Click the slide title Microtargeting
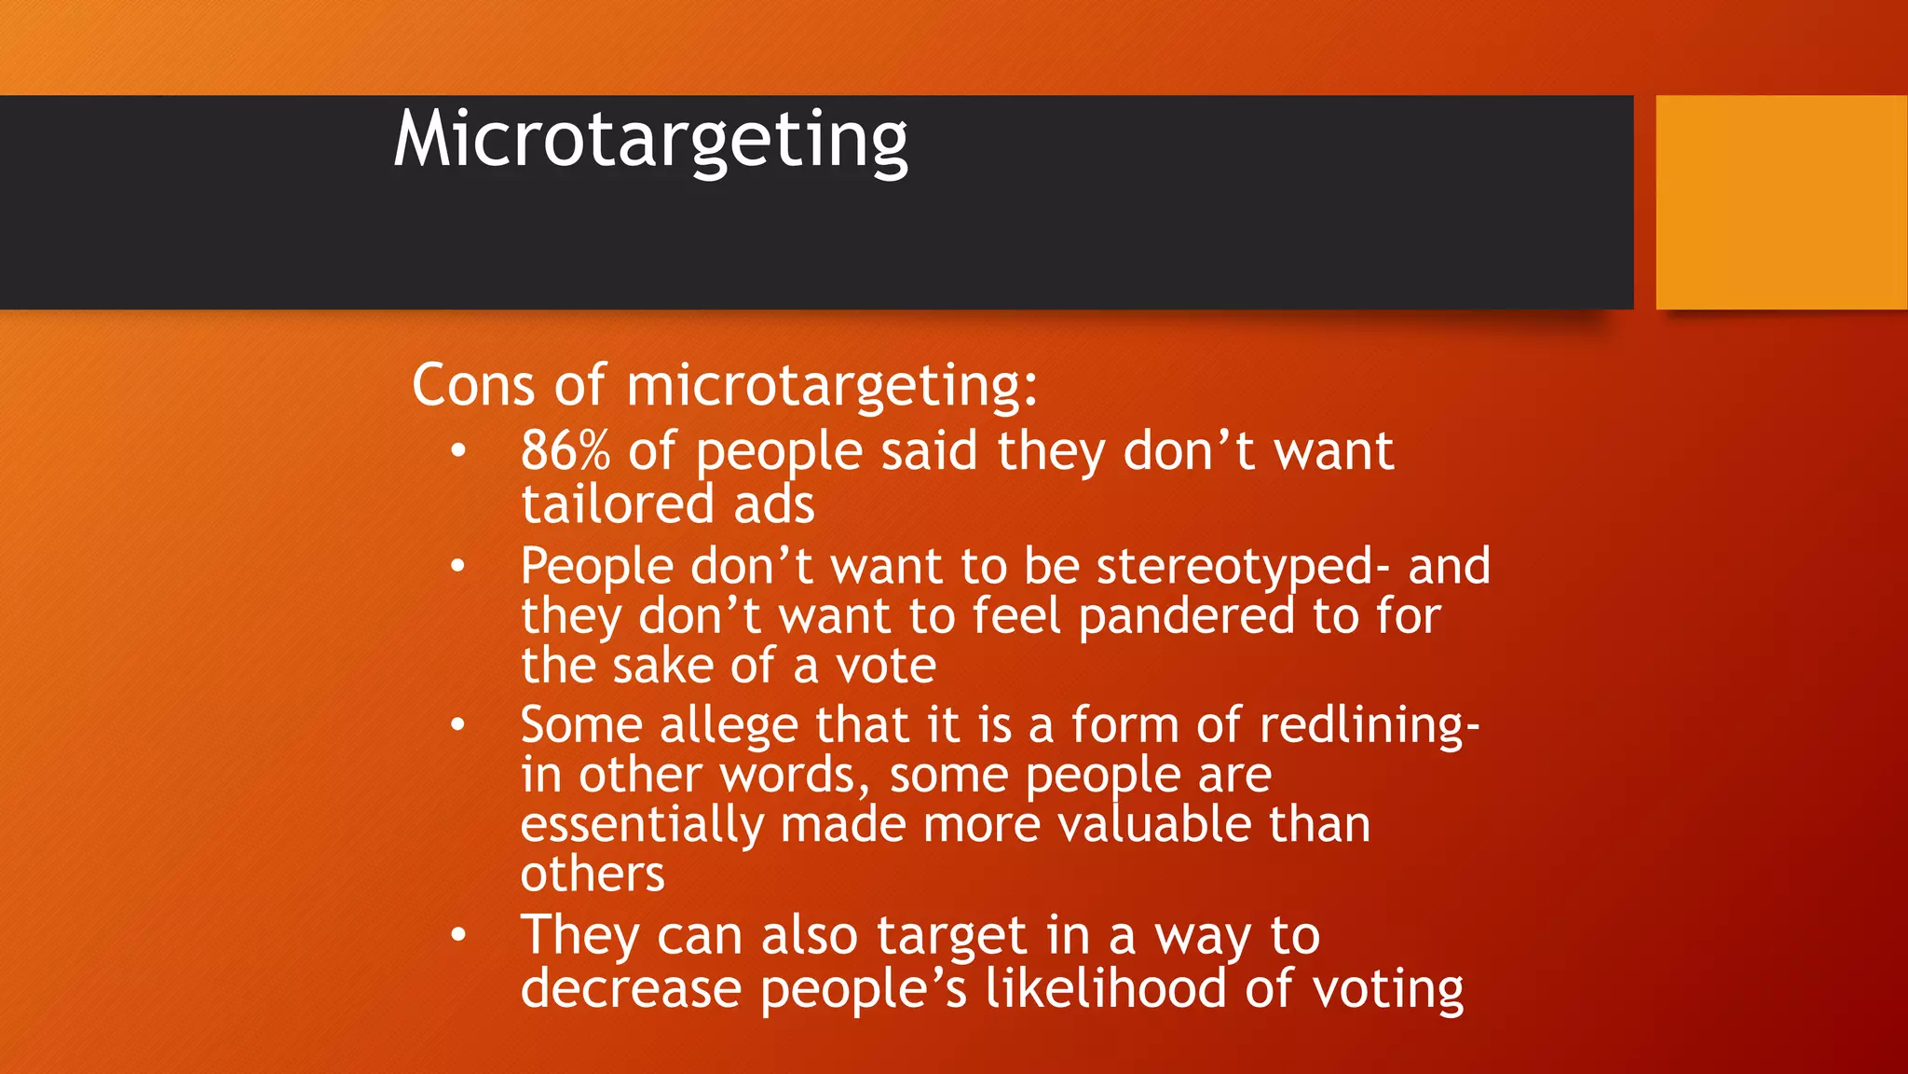click(650, 140)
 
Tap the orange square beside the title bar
click(1780, 202)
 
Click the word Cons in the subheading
click(473, 384)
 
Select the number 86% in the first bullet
click(565, 451)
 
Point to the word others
click(593, 874)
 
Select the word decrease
click(631, 988)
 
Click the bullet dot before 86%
click(457, 451)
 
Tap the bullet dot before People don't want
click(457, 566)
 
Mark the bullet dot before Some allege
click(457, 724)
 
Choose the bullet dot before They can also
click(457, 934)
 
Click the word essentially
click(641, 825)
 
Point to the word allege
click(729, 726)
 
